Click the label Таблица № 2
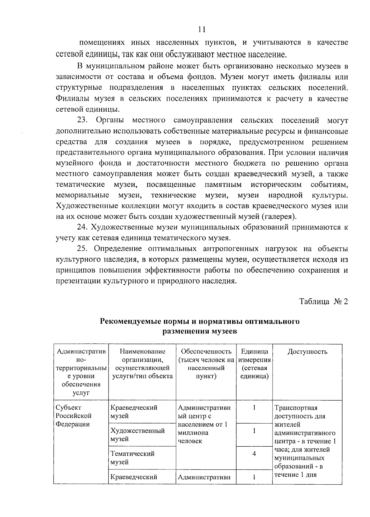(323, 301)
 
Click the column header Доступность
(307, 352)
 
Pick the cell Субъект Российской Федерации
(73, 416)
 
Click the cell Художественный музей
(137, 435)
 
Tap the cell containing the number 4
(254, 454)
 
